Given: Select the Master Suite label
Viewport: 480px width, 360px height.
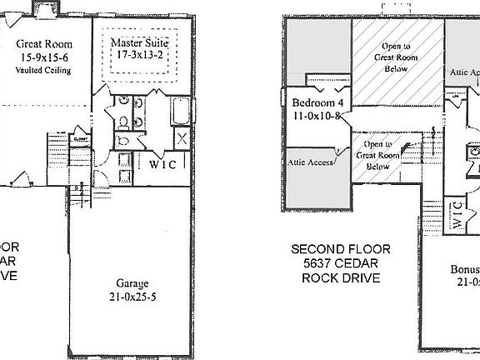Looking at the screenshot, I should click(140, 42).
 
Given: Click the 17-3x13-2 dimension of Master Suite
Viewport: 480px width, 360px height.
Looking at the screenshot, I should click(140, 55).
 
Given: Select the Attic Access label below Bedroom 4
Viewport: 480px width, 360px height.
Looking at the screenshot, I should click(310, 162).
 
